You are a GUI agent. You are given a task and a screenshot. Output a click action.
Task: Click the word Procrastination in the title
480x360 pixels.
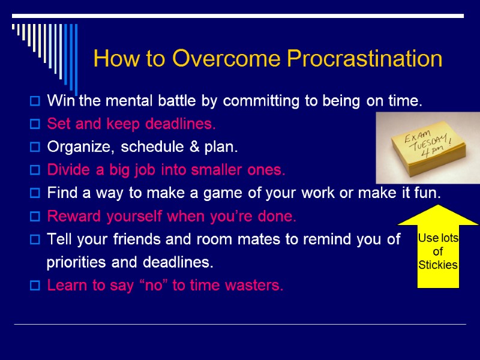(x=364, y=59)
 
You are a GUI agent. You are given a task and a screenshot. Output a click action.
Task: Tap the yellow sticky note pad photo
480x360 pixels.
(x=427, y=147)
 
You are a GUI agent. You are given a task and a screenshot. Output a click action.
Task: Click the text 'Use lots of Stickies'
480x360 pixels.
(x=438, y=251)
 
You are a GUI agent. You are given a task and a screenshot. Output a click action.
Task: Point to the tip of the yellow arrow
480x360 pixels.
(x=438, y=206)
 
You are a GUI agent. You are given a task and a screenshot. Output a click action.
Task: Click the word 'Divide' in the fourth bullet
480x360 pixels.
(x=67, y=170)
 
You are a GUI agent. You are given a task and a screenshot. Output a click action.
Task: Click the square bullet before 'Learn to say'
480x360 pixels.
(x=35, y=286)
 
